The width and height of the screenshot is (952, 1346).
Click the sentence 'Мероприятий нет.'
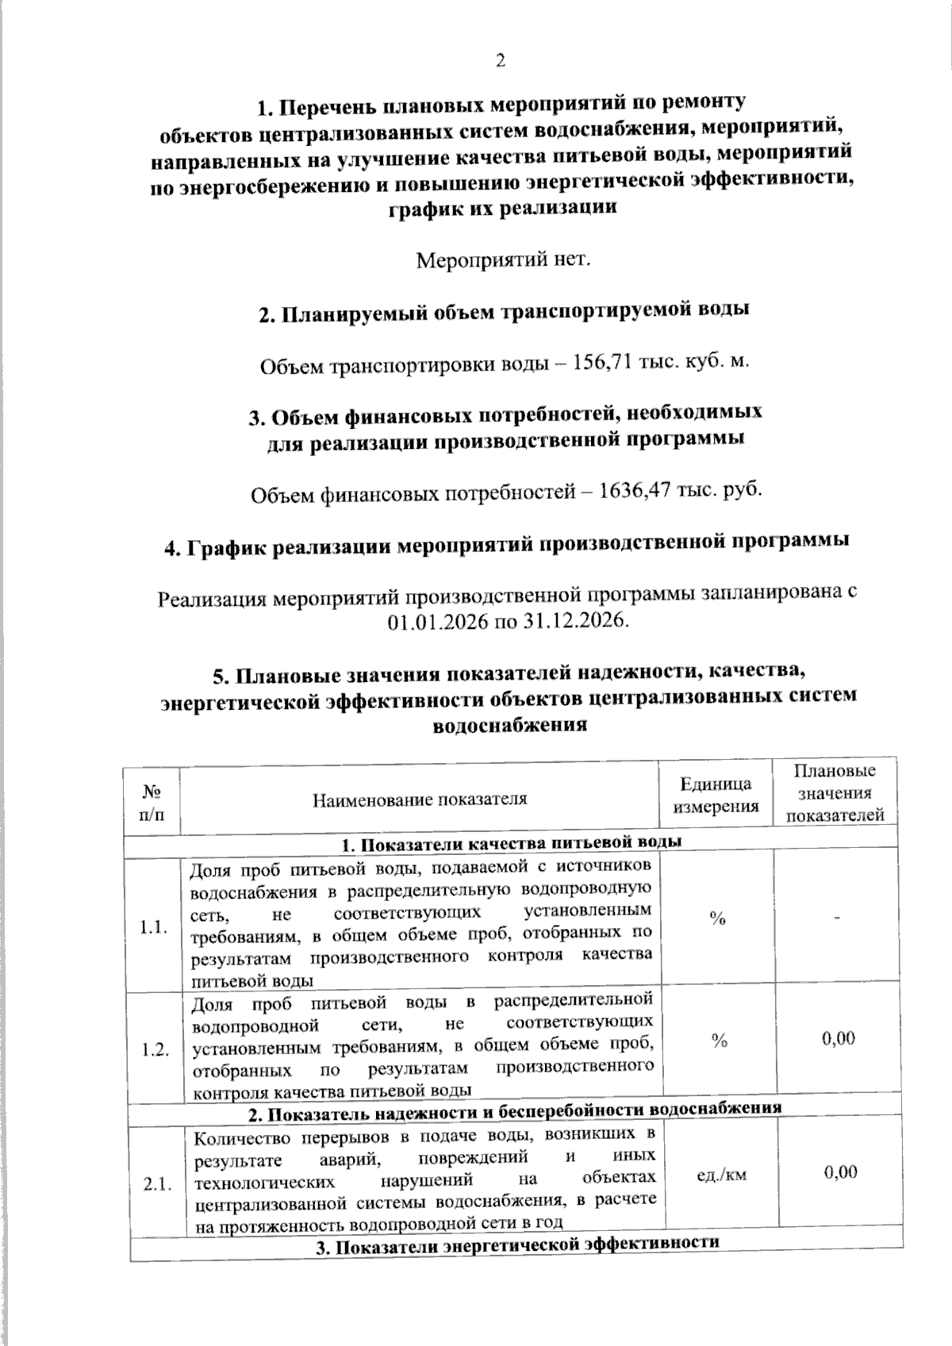[504, 259]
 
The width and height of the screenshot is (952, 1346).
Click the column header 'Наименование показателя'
[420, 799]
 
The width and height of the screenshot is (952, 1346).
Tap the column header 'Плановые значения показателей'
[834, 792]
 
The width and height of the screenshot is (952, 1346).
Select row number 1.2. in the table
[155, 1050]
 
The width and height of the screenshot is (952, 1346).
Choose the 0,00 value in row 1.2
[839, 1038]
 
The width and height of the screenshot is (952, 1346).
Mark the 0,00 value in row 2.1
[840, 1172]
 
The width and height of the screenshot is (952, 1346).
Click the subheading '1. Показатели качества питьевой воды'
[512, 842]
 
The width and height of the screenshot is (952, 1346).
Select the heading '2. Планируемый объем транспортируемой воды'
[505, 312]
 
